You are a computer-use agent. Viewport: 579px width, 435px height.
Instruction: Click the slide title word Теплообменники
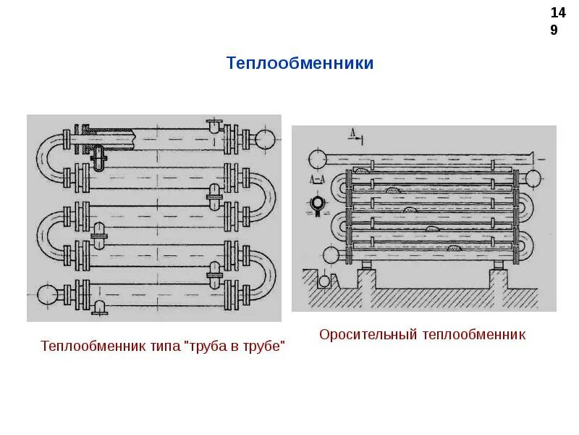coord(300,63)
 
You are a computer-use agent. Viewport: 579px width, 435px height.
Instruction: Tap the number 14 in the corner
coord(558,13)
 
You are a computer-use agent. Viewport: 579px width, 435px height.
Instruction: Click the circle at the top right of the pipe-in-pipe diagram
coord(264,138)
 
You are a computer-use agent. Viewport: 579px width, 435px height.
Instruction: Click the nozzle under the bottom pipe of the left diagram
coord(100,308)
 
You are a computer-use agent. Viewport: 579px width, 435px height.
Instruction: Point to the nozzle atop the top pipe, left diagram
coord(214,125)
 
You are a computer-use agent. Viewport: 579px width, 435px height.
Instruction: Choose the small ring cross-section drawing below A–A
coord(316,205)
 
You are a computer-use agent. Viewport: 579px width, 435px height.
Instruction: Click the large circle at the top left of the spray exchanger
coord(316,159)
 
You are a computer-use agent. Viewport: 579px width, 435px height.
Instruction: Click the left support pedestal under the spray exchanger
coord(365,274)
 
